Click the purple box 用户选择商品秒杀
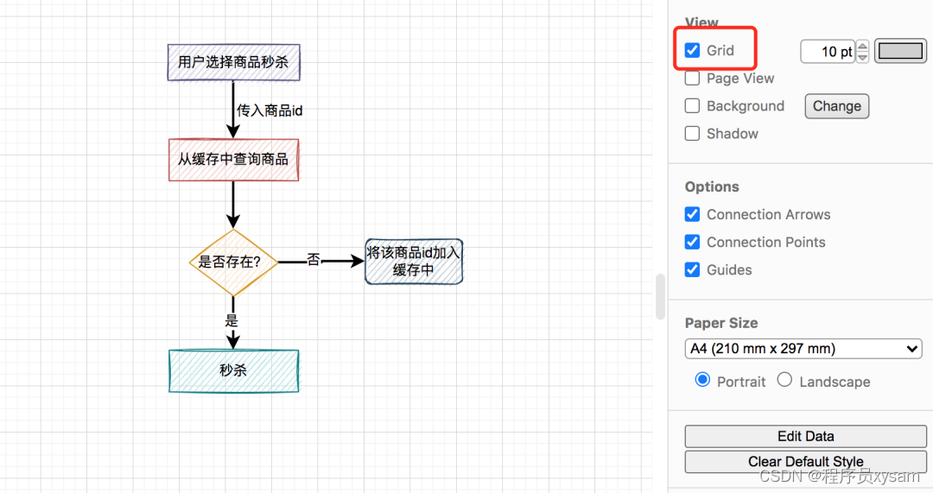tap(233, 62)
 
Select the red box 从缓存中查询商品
tap(233, 160)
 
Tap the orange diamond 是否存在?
tap(232, 262)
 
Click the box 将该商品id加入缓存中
tap(414, 262)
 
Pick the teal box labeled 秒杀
tap(233, 370)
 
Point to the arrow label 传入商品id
tap(270, 111)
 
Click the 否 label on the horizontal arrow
tap(313, 259)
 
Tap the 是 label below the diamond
tap(232, 319)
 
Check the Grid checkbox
tap(692, 50)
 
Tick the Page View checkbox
tap(692, 79)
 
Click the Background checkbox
tap(692, 106)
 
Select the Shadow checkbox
tap(692, 134)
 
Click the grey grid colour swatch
tap(900, 51)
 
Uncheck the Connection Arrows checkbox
tap(692, 214)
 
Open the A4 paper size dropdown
tap(803, 349)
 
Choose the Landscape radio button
tap(784, 380)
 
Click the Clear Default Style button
tap(805, 462)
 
